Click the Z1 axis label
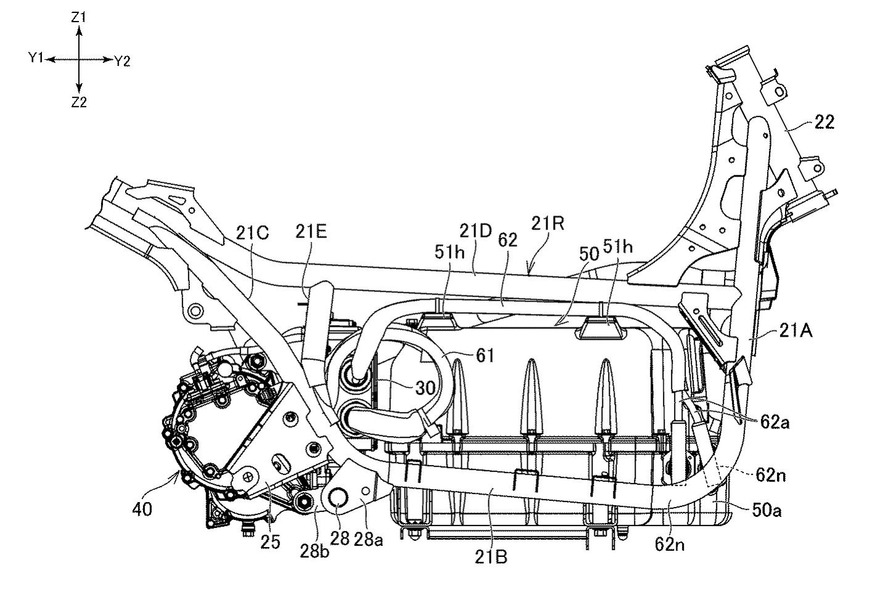(78, 17)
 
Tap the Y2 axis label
(122, 62)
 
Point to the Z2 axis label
(79, 102)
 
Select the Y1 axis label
(36, 58)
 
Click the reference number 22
(824, 122)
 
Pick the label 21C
(252, 233)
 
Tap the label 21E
(311, 232)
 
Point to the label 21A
(795, 331)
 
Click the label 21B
(491, 558)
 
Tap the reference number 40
(142, 509)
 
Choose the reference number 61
(485, 356)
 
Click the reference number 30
(425, 388)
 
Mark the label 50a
(767, 511)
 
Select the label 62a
(775, 423)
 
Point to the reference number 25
(270, 542)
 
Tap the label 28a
(368, 540)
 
